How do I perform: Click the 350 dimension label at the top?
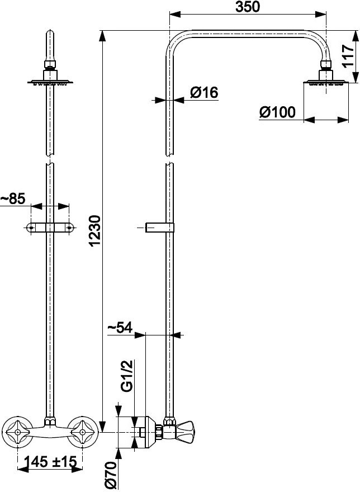tap(248, 7)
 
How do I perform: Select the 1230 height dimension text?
tap(95, 230)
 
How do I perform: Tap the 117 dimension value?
tap(348, 56)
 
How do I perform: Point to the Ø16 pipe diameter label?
tap(203, 92)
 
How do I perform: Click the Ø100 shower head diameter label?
tap(277, 112)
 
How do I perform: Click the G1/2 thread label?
tap(127, 376)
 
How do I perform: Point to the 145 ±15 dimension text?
tap(51, 461)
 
